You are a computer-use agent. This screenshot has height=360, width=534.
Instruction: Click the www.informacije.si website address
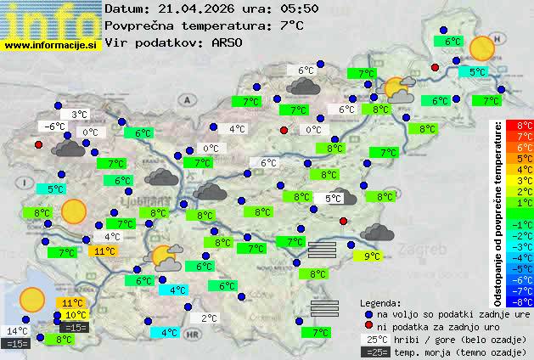pyautogui.click(x=50, y=43)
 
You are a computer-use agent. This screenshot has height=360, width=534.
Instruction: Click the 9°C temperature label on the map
pyautogui.click(x=372, y=256)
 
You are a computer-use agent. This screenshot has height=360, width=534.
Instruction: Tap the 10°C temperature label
pyautogui.click(x=75, y=315)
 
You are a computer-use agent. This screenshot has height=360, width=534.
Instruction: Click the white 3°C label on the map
pyautogui.click(x=79, y=115)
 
